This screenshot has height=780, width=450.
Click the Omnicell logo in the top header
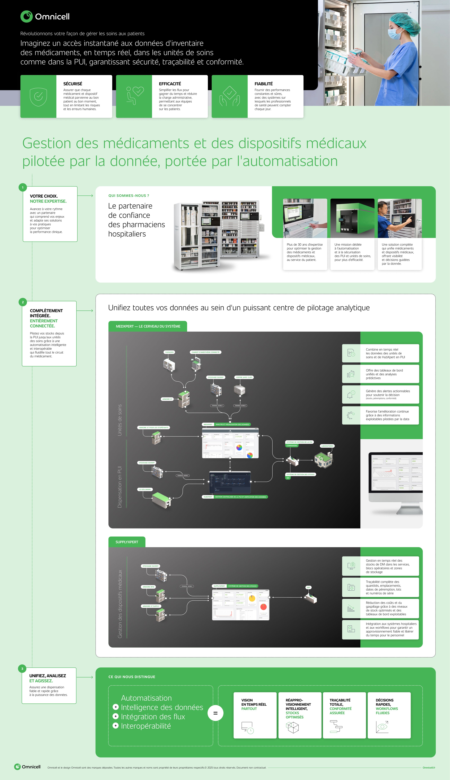pos(45,16)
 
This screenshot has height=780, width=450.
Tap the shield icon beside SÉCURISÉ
pos(38,97)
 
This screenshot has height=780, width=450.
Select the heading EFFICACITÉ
pos(170,84)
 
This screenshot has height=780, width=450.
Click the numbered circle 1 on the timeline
pos(23,188)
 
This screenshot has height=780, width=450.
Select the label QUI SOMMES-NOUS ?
pos(129,196)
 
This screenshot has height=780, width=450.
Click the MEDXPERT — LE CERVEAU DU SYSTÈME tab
pos(148,326)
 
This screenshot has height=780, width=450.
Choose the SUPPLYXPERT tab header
pos(127,542)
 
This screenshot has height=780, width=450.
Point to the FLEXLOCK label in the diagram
pos(169,352)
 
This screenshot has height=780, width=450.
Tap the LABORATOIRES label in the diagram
pos(327,446)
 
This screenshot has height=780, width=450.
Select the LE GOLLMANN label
pos(145,489)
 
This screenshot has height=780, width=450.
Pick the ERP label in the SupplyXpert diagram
pos(308,587)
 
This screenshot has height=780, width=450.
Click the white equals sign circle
pos(215,713)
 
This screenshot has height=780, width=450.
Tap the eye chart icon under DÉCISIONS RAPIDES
pos(382,727)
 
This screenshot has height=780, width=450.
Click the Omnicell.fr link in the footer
pos(429,768)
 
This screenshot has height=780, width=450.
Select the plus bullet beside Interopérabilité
pos(116,725)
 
